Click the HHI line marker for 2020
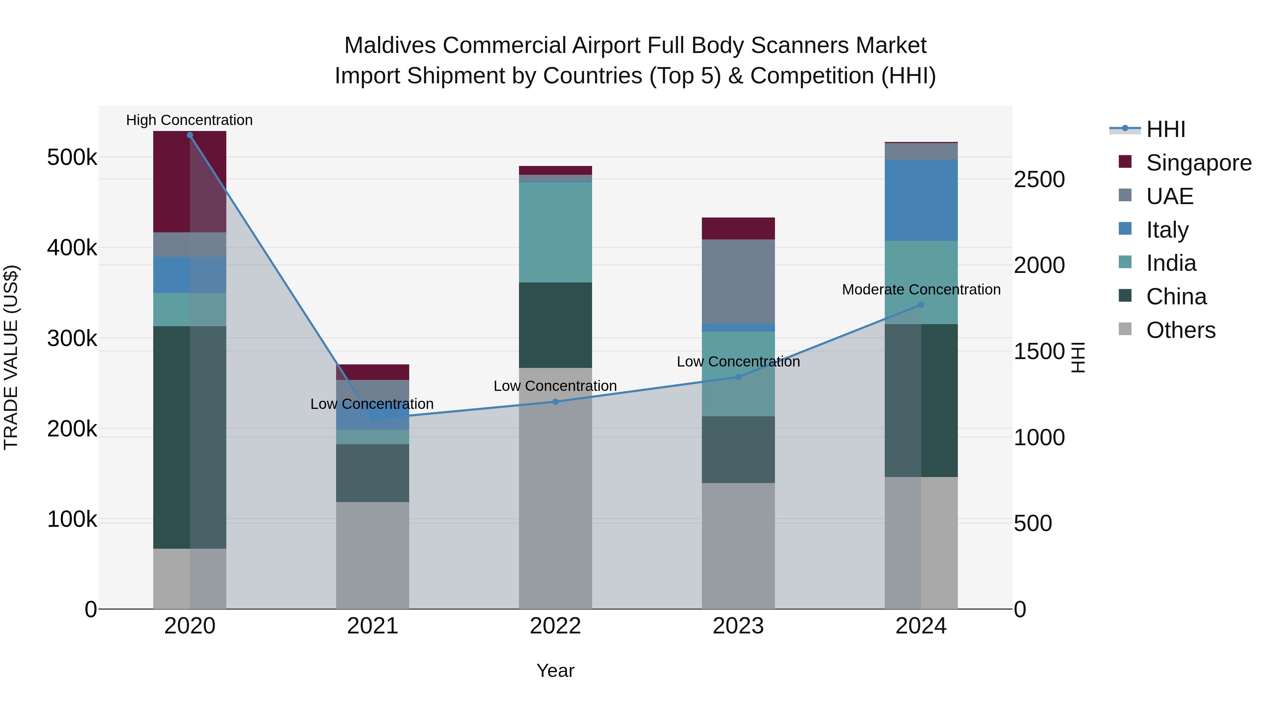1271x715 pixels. click(190, 135)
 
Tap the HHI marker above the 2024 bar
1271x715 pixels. click(921, 305)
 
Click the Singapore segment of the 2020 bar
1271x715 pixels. click(190, 181)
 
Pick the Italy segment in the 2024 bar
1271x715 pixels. click(921, 200)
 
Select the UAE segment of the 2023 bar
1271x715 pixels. click(738, 281)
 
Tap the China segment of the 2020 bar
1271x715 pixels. click(190, 437)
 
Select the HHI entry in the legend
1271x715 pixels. click(1165, 129)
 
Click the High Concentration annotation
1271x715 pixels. click(190, 120)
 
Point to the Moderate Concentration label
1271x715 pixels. click(921, 290)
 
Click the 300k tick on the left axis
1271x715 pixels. click(72, 339)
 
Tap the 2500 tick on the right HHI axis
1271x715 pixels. click(1039, 180)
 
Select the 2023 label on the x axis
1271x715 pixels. click(738, 626)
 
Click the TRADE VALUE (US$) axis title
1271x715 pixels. click(11, 357)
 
